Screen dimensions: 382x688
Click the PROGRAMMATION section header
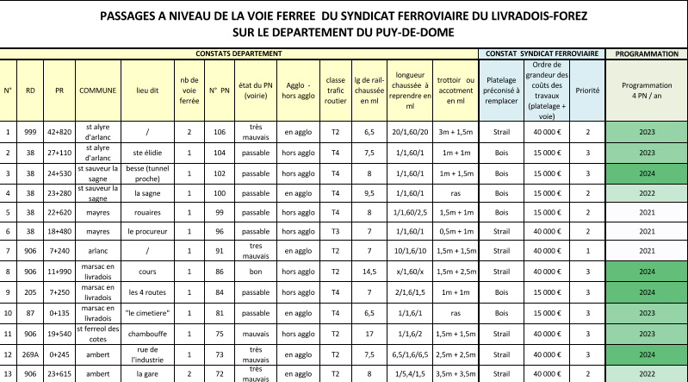[x=647, y=53]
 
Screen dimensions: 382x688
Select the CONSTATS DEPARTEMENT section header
[x=239, y=53]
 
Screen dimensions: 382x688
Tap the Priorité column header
[x=587, y=90]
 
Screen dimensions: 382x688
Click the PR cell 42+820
[x=59, y=132]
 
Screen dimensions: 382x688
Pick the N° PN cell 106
[x=220, y=132]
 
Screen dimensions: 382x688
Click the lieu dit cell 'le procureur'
[x=148, y=231]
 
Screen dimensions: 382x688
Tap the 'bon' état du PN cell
[x=257, y=272]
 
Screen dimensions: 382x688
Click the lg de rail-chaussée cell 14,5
[x=369, y=272]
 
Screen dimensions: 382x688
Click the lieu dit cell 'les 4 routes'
[x=148, y=291]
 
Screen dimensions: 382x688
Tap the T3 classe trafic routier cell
[x=336, y=231]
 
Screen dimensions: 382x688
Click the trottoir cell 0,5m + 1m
[x=455, y=231]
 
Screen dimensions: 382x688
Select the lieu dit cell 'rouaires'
[x=148, y=212]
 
